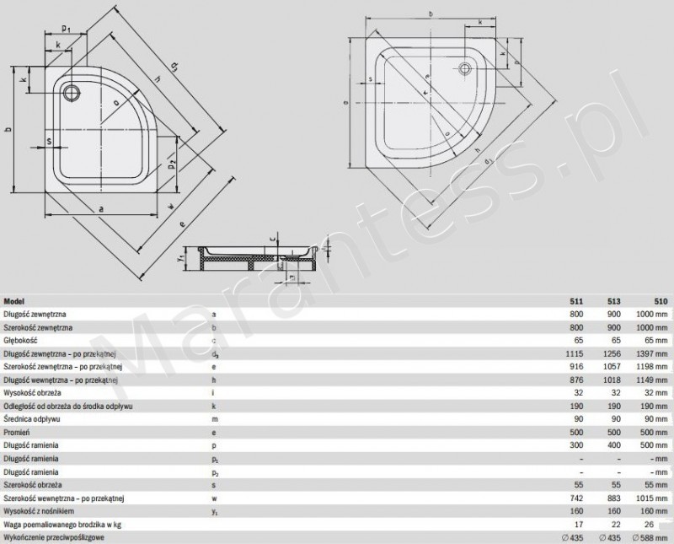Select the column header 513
613,300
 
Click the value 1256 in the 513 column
611,353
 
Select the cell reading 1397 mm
651,353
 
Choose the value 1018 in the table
611,380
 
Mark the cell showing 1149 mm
651,380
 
